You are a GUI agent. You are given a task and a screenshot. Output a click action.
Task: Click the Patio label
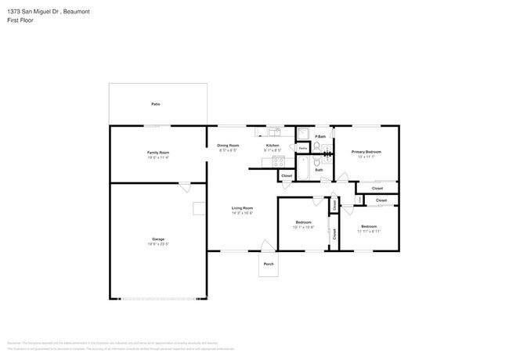click(157, 104)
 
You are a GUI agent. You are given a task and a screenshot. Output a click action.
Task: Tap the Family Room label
click(158, 152)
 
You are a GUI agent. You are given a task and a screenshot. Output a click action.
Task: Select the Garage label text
click(158, 239)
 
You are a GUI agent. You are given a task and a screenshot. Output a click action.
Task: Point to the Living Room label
click(242, 208)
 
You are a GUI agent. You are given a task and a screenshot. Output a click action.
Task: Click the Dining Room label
click(228, 146)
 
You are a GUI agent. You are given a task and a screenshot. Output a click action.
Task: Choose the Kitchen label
click(273, 146)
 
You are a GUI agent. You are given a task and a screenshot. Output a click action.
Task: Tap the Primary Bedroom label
click(366, 151)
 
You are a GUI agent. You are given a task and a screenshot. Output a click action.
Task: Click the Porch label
click(269, 265)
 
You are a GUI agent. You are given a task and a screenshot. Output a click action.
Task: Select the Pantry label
click(302, 148)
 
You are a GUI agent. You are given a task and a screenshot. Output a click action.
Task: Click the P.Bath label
click(320, 137)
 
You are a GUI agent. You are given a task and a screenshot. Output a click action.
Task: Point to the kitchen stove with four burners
click(277, 162)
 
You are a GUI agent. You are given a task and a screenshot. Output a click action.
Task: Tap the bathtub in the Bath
click(302, 167)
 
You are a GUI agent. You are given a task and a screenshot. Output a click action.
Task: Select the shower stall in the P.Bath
click(302, 133)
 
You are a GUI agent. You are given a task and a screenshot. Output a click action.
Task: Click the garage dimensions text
click(158, 244)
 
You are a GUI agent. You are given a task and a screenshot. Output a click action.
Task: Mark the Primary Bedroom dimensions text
click(366, 157)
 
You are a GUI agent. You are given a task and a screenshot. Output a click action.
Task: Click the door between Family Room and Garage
click(184, 186)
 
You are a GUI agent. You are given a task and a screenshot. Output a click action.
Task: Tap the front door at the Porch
click(266, 247)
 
